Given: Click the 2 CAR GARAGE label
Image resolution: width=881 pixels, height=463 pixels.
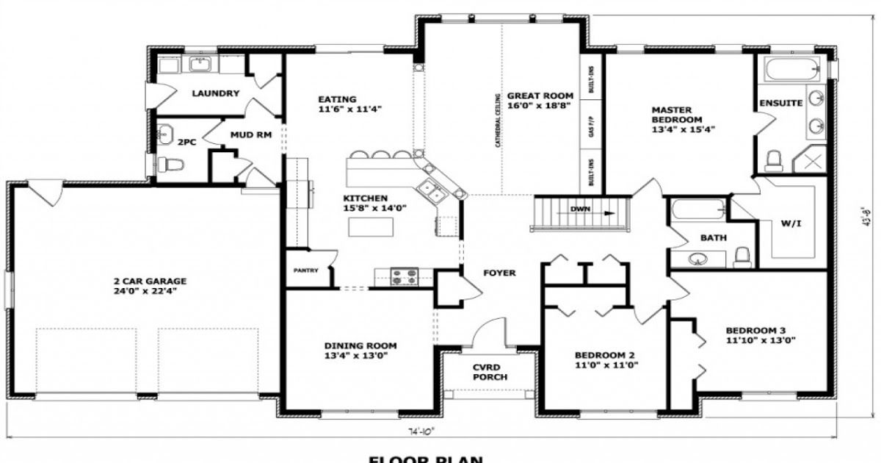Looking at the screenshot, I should (150, 281).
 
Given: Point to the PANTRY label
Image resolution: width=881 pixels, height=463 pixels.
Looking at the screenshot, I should (305, 270).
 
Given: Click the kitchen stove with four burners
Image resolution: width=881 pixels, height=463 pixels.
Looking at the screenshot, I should (403, 276).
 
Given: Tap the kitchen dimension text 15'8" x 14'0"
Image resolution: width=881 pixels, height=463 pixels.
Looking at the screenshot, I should (376, 208).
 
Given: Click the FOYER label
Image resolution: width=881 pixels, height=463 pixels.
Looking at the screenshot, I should (499, 273).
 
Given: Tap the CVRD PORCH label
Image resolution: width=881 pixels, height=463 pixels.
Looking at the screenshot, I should (489, 371).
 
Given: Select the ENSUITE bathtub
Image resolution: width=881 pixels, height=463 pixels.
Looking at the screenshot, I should (791, 71).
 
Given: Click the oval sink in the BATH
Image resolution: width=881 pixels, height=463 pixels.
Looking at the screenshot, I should (697, 259).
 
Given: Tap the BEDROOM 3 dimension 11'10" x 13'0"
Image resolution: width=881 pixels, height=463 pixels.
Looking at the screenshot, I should (761, 340).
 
